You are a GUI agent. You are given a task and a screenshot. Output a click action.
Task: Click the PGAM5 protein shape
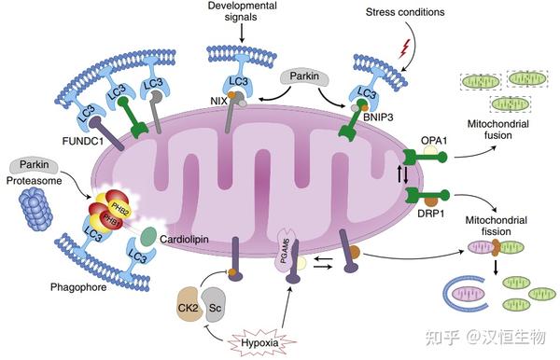[x=287, y=250]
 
